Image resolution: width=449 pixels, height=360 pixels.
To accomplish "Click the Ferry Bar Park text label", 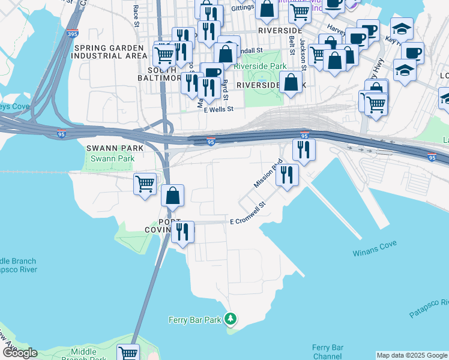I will click(195, 320).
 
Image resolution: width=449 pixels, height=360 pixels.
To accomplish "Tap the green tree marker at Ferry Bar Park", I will click(230, 318).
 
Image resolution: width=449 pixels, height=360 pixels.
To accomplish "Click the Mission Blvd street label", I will click(268, 173).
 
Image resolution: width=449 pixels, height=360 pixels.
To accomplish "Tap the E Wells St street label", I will click(218, 110).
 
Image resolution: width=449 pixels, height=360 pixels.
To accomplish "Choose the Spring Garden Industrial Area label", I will click(109, 52).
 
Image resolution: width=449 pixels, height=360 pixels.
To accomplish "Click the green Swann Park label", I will click(106, 158).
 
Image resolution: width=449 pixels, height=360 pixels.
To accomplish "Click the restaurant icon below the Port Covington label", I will click(182, 232).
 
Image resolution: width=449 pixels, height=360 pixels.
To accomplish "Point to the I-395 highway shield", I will click(72, 35).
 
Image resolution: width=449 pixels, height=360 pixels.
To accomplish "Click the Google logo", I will click(19, 353).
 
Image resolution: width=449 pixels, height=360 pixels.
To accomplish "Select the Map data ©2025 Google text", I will click(412, 355).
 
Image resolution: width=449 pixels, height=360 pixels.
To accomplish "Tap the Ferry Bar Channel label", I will click(328, 352).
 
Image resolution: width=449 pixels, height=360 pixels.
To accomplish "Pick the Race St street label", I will click(136, 16).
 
